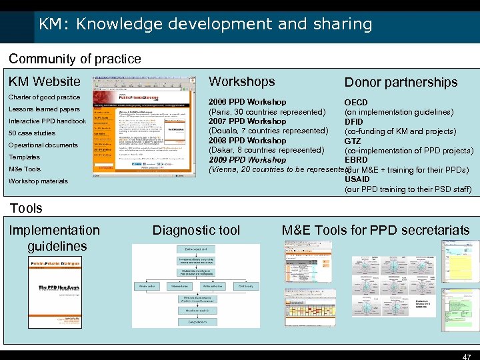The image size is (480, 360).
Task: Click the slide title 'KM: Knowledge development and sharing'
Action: coord(205,25)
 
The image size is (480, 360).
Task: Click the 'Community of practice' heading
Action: coord(75,59)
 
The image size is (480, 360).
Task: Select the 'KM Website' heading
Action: coord(44,81)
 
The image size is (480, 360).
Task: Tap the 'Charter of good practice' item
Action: coord(44,97)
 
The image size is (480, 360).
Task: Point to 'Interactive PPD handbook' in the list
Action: coord(47,121)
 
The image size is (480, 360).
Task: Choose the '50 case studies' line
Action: coord(32,133)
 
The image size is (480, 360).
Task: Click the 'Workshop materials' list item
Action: coord(38,181)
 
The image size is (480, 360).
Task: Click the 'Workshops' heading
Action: coord(241,81)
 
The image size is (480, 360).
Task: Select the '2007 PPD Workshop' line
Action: coord(247,121)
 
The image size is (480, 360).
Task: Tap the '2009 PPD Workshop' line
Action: coord(247,160)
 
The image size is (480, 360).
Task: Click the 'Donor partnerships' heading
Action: coord(401,82)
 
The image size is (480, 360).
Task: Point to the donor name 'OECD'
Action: coord(355,103)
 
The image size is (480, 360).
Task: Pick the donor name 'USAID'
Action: coord(357,179)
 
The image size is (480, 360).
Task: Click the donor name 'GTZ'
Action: coord(353,141)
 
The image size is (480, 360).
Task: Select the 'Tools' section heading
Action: coord(26,208)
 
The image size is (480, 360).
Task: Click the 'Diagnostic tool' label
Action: coord(196,230)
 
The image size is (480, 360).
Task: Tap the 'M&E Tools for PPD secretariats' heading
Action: coord(375,230)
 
